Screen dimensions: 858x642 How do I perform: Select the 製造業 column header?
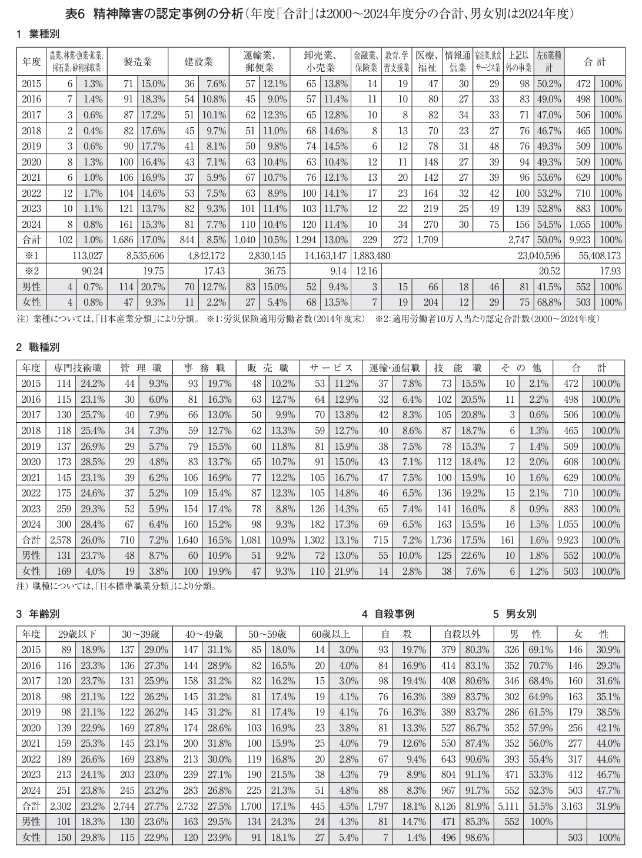pos(138,61)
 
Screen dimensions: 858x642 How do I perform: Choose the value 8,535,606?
pos(145,256)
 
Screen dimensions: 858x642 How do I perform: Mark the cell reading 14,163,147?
pos(327,256)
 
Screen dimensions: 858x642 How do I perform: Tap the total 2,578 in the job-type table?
pos(61,539)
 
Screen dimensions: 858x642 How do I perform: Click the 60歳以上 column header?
pos(331,634)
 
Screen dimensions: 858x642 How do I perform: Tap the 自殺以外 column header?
pos(461,634)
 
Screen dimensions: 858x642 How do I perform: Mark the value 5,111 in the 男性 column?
pos(508,806)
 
